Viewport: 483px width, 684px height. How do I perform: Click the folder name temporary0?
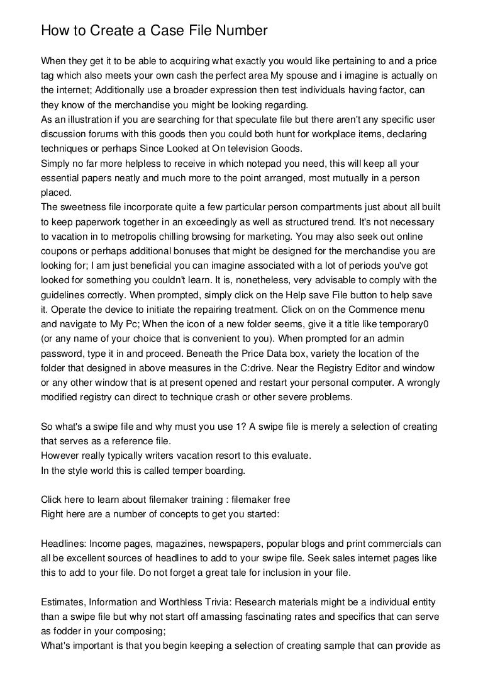coord(401,323)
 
